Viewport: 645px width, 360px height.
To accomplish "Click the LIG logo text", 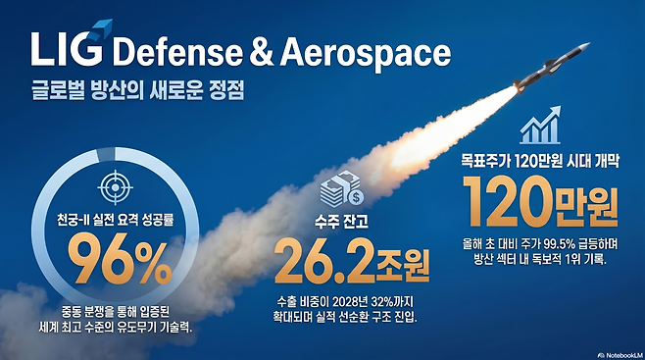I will [66, 49].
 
